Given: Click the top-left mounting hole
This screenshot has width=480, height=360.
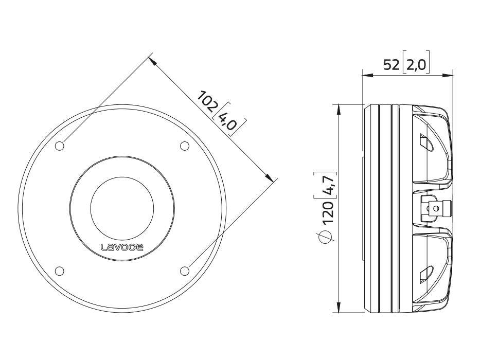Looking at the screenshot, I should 60,146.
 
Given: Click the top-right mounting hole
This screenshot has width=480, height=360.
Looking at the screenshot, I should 185,146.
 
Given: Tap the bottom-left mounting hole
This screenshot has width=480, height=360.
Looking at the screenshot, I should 60,271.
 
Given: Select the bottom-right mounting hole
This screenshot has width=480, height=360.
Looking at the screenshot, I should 185,271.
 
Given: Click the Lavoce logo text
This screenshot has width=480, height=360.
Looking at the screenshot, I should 122,247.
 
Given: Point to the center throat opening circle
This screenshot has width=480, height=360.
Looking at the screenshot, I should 122,208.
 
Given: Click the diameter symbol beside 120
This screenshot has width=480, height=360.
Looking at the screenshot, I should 327,236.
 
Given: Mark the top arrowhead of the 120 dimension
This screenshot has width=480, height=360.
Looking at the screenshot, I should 339,108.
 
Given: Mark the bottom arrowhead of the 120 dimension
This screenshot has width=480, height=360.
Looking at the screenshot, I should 339,308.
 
